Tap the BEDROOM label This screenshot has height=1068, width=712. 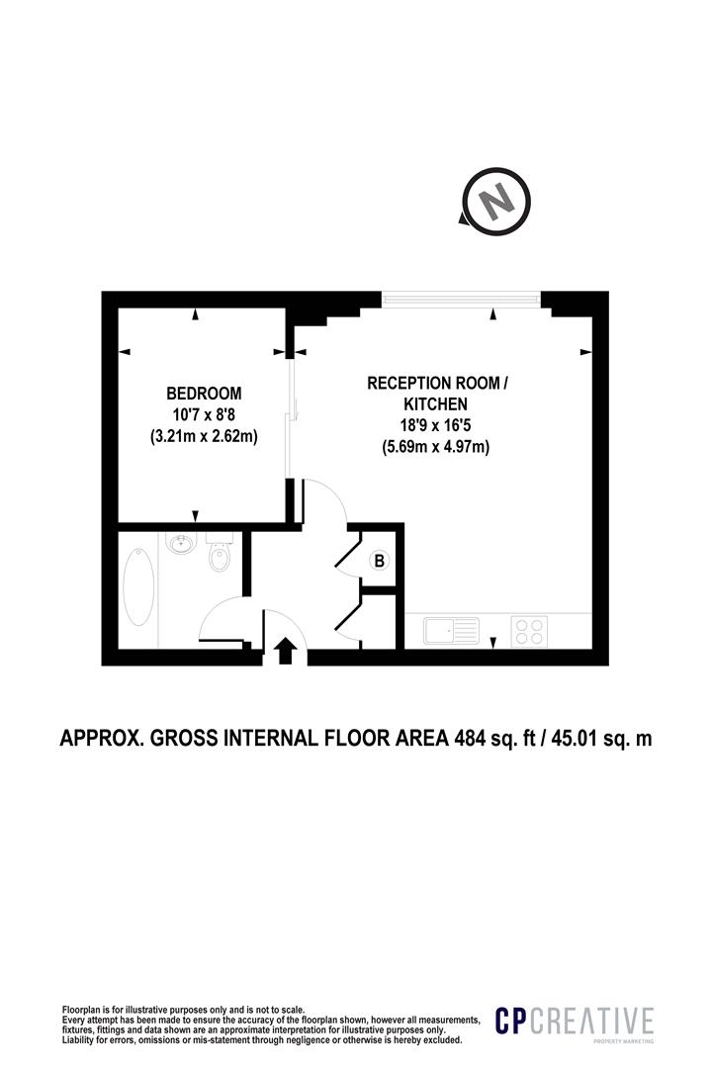203,393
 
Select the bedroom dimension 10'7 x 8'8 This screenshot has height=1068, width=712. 203,413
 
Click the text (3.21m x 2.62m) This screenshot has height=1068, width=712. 203,435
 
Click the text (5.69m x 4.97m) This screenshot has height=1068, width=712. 436,447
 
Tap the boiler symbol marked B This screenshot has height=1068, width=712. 379,561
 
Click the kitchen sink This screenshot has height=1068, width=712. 451,630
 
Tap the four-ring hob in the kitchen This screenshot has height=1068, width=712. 528,630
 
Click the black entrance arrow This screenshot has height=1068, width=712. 286,651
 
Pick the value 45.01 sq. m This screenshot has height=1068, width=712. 598,739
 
